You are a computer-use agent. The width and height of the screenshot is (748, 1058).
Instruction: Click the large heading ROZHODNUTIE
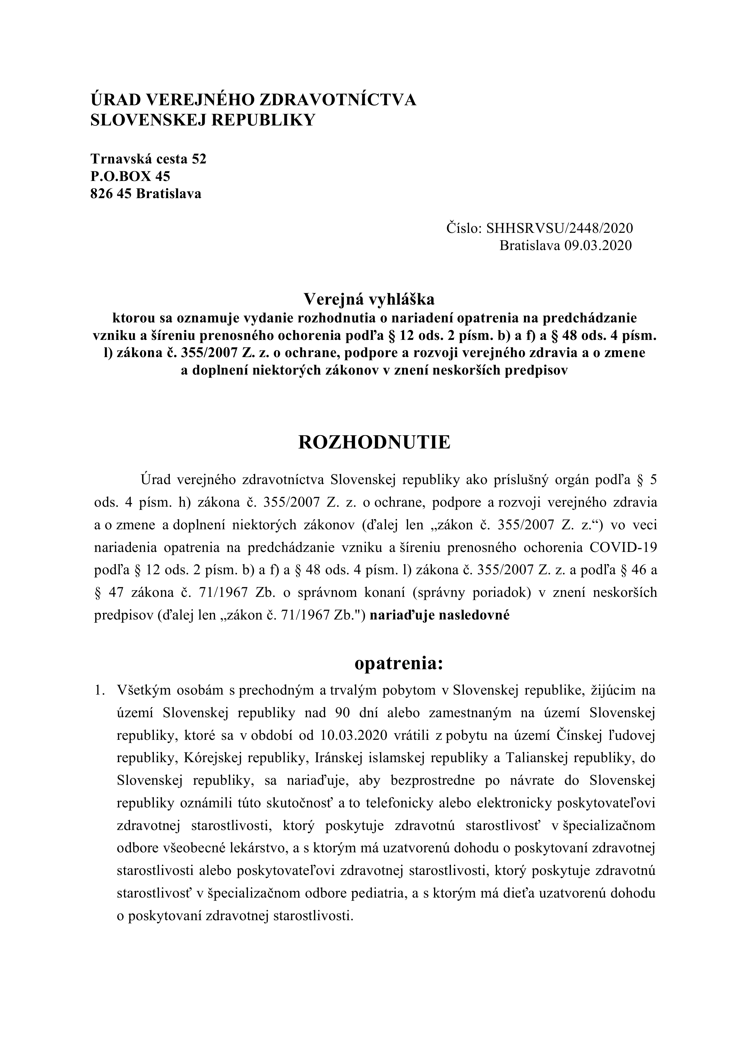coord(374,442)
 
